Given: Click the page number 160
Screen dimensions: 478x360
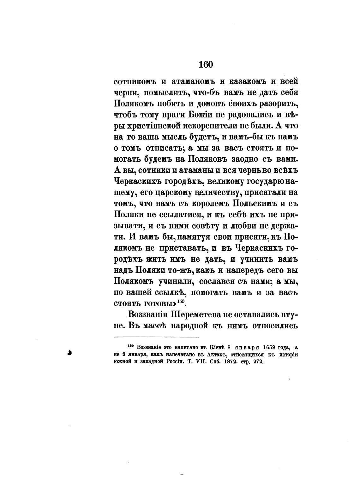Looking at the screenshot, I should click(x=206, y=64).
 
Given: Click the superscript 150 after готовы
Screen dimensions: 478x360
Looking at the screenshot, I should click(x=180, y=301).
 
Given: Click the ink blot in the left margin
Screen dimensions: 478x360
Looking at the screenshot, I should click(x=70, y=353).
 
